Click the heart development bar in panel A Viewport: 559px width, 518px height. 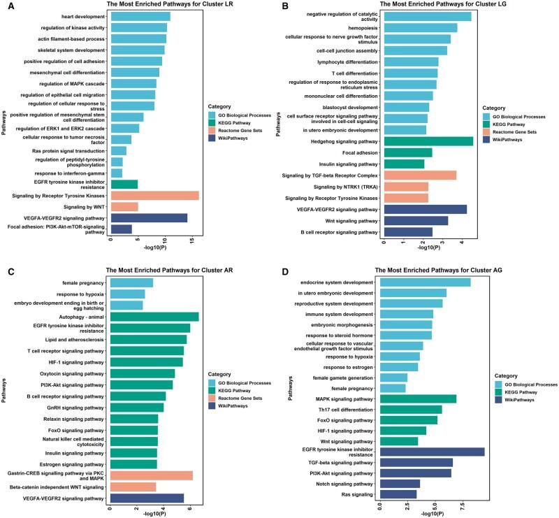pos(140,16)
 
